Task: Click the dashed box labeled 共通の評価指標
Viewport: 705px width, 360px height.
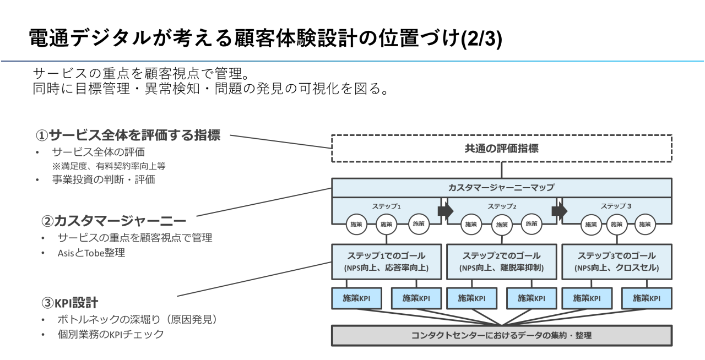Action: pos(501,148)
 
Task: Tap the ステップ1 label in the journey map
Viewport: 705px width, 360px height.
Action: pos(387,205)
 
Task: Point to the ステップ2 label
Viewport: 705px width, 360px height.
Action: pos(501,205)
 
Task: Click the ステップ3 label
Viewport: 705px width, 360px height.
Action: pos(616,205)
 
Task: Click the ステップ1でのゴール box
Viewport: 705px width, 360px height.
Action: pos(386,261)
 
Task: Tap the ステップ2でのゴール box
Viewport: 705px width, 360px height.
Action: pos(501,261)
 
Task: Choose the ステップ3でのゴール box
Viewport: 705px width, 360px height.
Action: pos(616,261)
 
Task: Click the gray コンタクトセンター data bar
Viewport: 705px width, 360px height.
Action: pos(501,335)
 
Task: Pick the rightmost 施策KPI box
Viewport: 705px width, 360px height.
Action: pos(646,298)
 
